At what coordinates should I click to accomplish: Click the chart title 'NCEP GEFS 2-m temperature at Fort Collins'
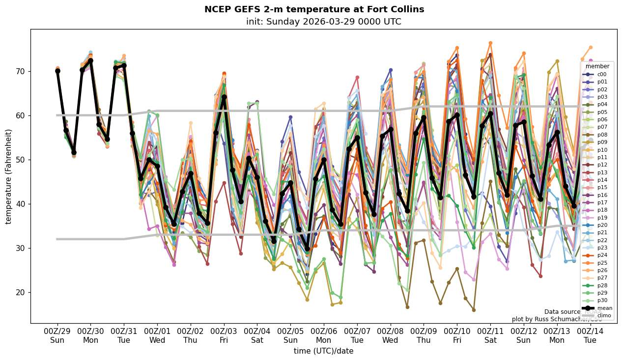click(x=314, y=9)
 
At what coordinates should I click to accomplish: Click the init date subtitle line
click(x=323, y=22)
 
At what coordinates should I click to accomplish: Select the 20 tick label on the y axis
click(x=22, y=292)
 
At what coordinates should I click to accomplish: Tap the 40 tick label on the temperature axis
click(x=22, y=204)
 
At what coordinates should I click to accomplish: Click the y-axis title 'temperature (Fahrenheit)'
click(x=9, y=176)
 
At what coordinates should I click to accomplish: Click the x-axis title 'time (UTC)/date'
click(x=323, y=351)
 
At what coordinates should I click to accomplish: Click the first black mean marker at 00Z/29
click(x=57, y=71)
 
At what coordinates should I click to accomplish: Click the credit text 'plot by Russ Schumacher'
click(x=557, y=319)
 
